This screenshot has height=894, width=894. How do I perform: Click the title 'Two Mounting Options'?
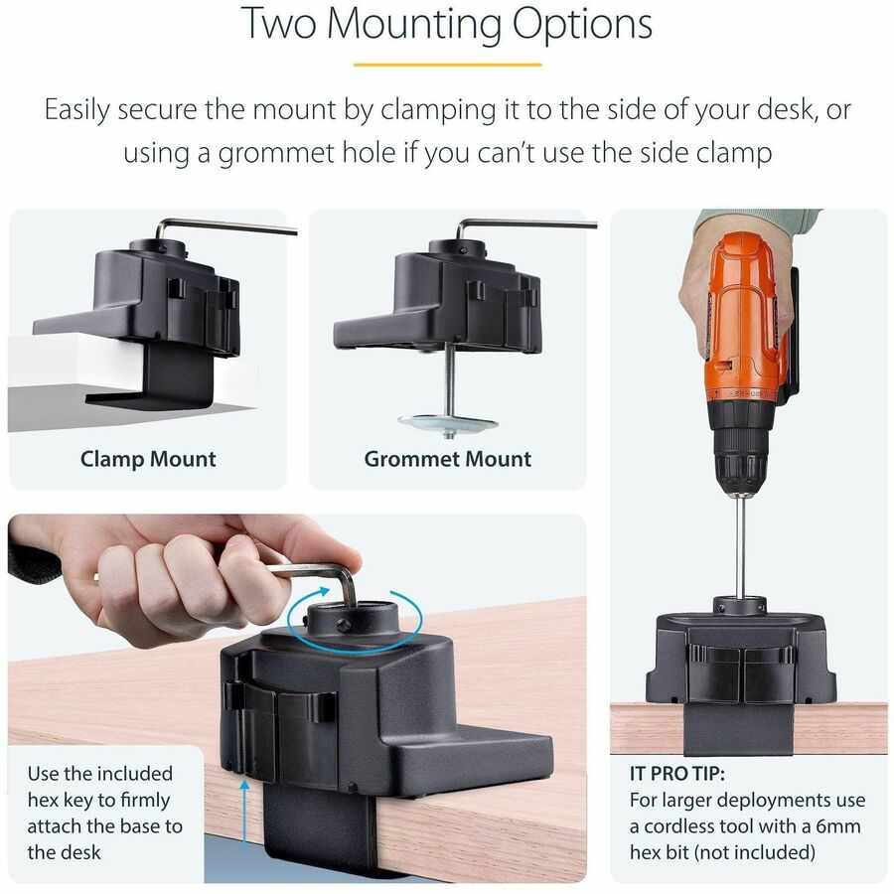pyautogui.click(x=447, y=25)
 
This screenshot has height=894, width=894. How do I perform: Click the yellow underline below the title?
pyautogui.click(x=447, y=65)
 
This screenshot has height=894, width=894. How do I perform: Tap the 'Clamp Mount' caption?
pyautogui.click(x=148, y=459)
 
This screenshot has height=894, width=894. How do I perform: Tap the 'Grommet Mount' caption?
pyautogui.click(x=447, y=459)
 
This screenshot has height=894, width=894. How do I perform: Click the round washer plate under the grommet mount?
pyautogui.click(x=447, y=423)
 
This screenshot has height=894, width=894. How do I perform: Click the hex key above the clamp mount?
pyautogui.click(x=228, y=225)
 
